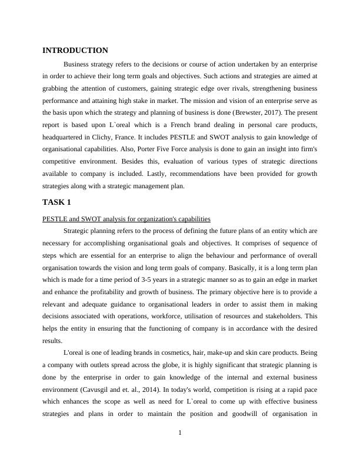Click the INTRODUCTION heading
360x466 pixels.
75,51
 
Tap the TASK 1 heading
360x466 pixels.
57,202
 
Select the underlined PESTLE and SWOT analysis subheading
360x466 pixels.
126,219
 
